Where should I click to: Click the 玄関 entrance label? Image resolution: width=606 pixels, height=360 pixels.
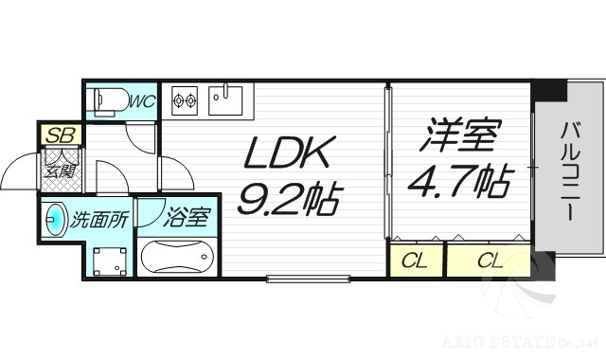click(x=59, y=171)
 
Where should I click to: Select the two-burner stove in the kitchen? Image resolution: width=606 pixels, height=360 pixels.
click(x=184, y=99)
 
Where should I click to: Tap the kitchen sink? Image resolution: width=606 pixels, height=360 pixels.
click(x=226, y=99)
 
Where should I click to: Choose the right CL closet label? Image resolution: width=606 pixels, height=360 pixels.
click(x=489, y=261)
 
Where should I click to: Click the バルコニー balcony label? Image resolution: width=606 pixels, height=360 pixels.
click(x=568, y=171)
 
